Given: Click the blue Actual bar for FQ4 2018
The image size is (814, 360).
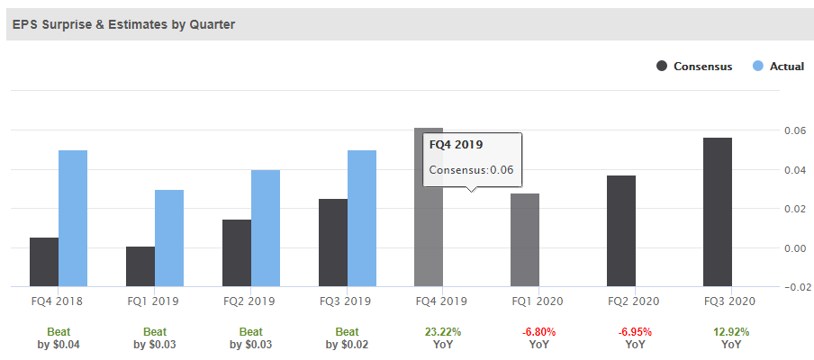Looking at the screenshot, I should tap(73, 218).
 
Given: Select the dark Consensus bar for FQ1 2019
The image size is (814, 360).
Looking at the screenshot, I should tap(140, 266).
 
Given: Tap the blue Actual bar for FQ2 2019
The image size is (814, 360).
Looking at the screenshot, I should tap(266, 228).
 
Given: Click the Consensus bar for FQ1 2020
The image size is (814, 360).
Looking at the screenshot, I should tap(525, 239).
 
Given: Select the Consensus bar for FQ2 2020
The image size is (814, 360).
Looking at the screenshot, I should tap(621, 230).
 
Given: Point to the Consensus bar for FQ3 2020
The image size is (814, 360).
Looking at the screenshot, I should tap(718, 211).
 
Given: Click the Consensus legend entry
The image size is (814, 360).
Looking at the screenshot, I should tap(694, 67).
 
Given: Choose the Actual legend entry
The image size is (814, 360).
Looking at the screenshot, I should tap(778, 67).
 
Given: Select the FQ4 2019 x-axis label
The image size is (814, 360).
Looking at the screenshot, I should tap(442, 302).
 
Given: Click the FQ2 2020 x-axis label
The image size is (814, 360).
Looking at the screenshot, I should tap(635, 302).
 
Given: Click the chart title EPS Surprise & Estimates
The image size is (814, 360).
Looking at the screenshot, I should tap(123, 24).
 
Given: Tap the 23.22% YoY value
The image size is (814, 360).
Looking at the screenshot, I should tap(442, 332).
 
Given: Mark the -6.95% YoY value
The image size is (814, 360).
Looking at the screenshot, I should tap(635, 332).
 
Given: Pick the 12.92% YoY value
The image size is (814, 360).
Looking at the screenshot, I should tap(731, 332).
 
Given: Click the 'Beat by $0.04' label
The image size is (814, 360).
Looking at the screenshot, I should tap(59, 337).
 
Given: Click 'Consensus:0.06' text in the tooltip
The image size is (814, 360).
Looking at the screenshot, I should tap(471, 170).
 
